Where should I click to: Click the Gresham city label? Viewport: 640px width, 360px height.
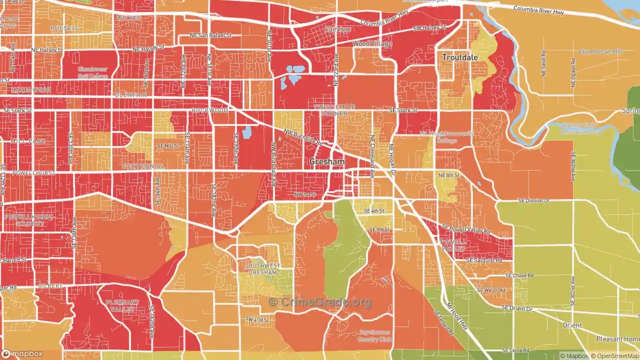click(327, 162)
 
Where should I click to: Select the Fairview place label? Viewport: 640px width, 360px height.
click(338, 29)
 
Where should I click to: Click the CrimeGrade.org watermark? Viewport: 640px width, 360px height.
click(320, 302)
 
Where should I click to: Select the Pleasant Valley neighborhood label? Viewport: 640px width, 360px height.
click(122, 306)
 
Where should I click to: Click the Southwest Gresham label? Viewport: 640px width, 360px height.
click(262, 269)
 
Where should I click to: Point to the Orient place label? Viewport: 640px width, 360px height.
click(572, 325)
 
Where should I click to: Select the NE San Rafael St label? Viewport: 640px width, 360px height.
click(210, 35)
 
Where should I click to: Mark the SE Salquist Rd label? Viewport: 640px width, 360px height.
click(483, 260)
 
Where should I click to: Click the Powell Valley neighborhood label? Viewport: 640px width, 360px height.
click(453, 245)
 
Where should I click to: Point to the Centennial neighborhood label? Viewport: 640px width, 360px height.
click(143, 166)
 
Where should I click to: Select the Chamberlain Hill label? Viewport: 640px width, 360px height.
click(600, 51)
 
